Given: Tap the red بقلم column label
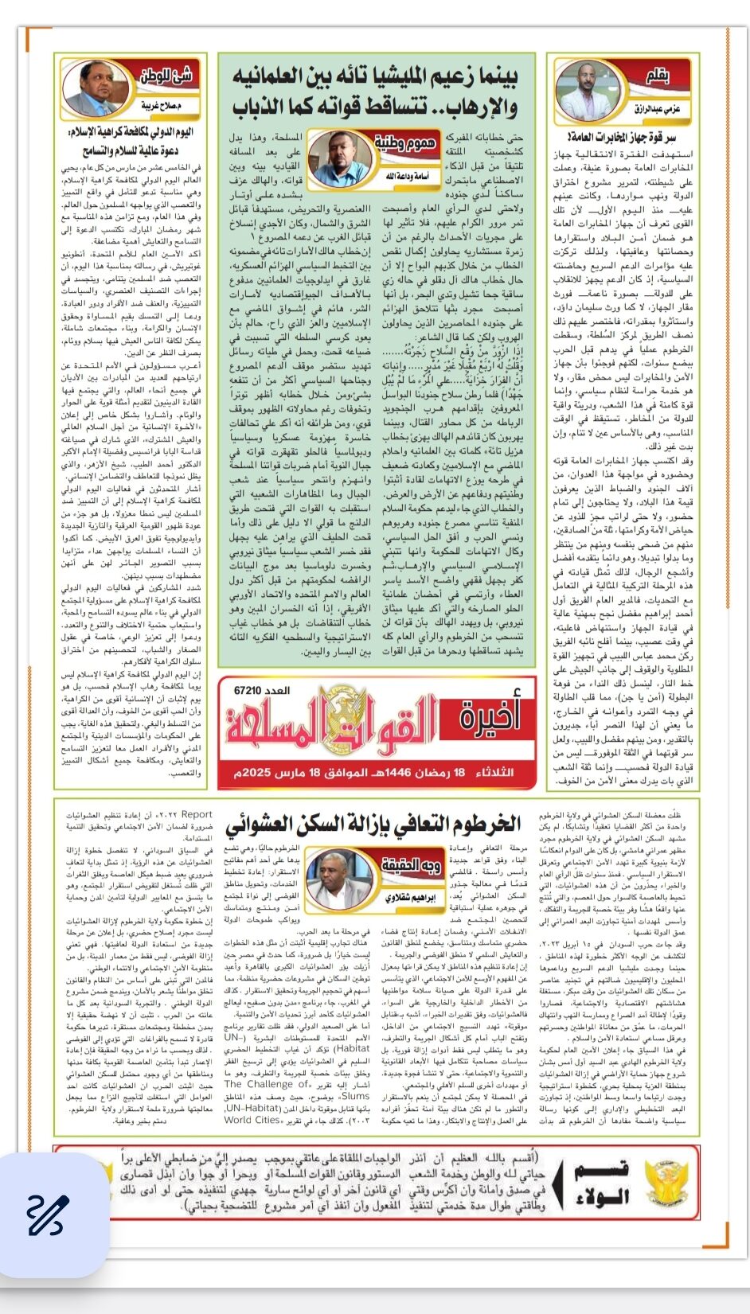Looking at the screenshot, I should [x=657, y=76].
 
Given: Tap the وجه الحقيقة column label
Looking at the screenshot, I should [x=410, y=864].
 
